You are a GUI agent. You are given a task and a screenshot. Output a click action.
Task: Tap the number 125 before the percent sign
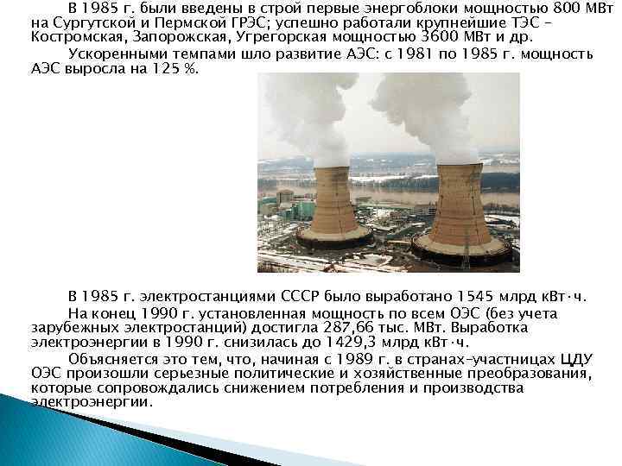pos(165,67)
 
